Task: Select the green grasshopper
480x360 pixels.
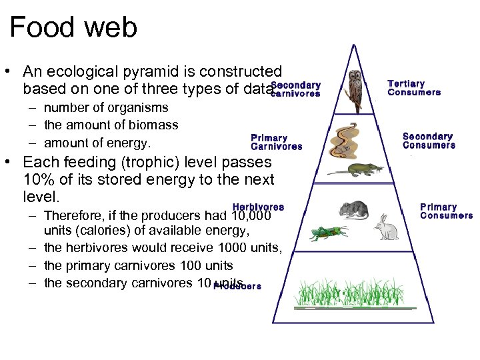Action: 327,233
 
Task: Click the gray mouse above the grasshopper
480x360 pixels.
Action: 353,209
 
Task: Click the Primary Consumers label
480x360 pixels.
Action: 446,211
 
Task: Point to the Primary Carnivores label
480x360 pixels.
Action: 276,142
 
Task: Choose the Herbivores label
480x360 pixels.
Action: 258,207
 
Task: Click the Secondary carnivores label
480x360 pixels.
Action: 296,89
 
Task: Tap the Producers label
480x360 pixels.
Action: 238,286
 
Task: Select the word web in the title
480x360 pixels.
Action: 109,28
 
